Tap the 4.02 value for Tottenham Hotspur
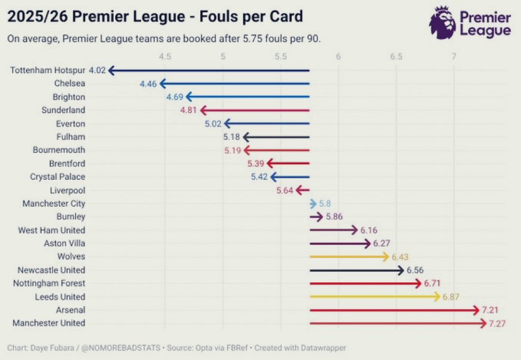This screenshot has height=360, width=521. tap(97, 70)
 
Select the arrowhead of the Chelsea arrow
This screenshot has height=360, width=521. tap(163, 84)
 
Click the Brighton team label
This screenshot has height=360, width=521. tap(69, 97)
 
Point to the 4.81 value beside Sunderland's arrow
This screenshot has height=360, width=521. tap(189, 110)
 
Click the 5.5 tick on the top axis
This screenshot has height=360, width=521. tap(281, 57)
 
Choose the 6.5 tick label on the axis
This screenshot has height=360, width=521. tap(396, 57)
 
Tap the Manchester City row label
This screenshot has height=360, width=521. tap(53, 204)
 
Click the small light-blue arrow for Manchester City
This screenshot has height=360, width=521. tap(313, 204)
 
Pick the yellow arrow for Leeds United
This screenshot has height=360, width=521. tap(375, 297)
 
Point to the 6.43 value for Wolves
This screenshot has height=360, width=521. tap(401, 257)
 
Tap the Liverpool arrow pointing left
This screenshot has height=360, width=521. tap(302, 190)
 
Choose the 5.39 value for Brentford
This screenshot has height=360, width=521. tap(256, 164)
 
